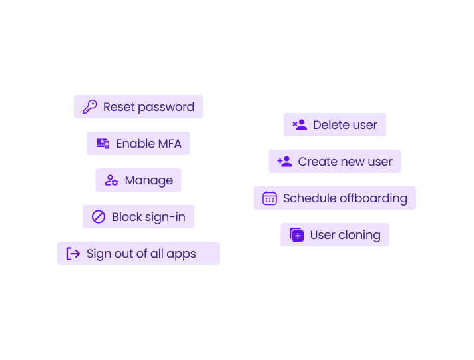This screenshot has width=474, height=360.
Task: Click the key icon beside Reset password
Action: (90, 107)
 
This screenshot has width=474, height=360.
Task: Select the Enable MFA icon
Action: (103, 144)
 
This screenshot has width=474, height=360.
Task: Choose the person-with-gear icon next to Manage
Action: (111, 180)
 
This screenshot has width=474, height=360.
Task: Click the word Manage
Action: (148, 180)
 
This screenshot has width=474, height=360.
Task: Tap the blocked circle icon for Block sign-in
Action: (99, 217)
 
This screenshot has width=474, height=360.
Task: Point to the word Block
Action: (126, 217)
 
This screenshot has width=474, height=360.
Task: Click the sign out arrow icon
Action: (73, 254)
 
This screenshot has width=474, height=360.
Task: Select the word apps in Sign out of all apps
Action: (181, 254)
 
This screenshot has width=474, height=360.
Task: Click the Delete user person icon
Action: (300, 125)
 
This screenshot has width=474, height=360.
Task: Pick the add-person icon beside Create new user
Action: (284, 162)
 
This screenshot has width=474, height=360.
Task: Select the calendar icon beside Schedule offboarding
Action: (270, 198)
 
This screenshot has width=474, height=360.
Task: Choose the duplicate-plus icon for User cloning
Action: (296, 235)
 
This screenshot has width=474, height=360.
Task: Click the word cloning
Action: (359, 235)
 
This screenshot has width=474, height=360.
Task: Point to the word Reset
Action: (118, 107)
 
